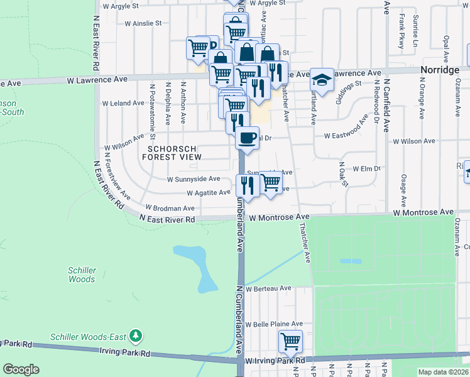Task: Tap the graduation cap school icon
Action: point(322,80)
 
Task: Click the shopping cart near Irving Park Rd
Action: point(290,342)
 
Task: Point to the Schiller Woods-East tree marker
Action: point(134,337)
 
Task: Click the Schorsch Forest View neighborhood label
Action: point(172,153)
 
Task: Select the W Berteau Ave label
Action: point(268,288)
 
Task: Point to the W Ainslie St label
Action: point(143,23)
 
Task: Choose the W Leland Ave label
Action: point(123,102)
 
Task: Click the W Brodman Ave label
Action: point(170,207)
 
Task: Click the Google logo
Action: point(20,369)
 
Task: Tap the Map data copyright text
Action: point(443,372)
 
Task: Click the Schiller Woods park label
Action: point(82,275)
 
